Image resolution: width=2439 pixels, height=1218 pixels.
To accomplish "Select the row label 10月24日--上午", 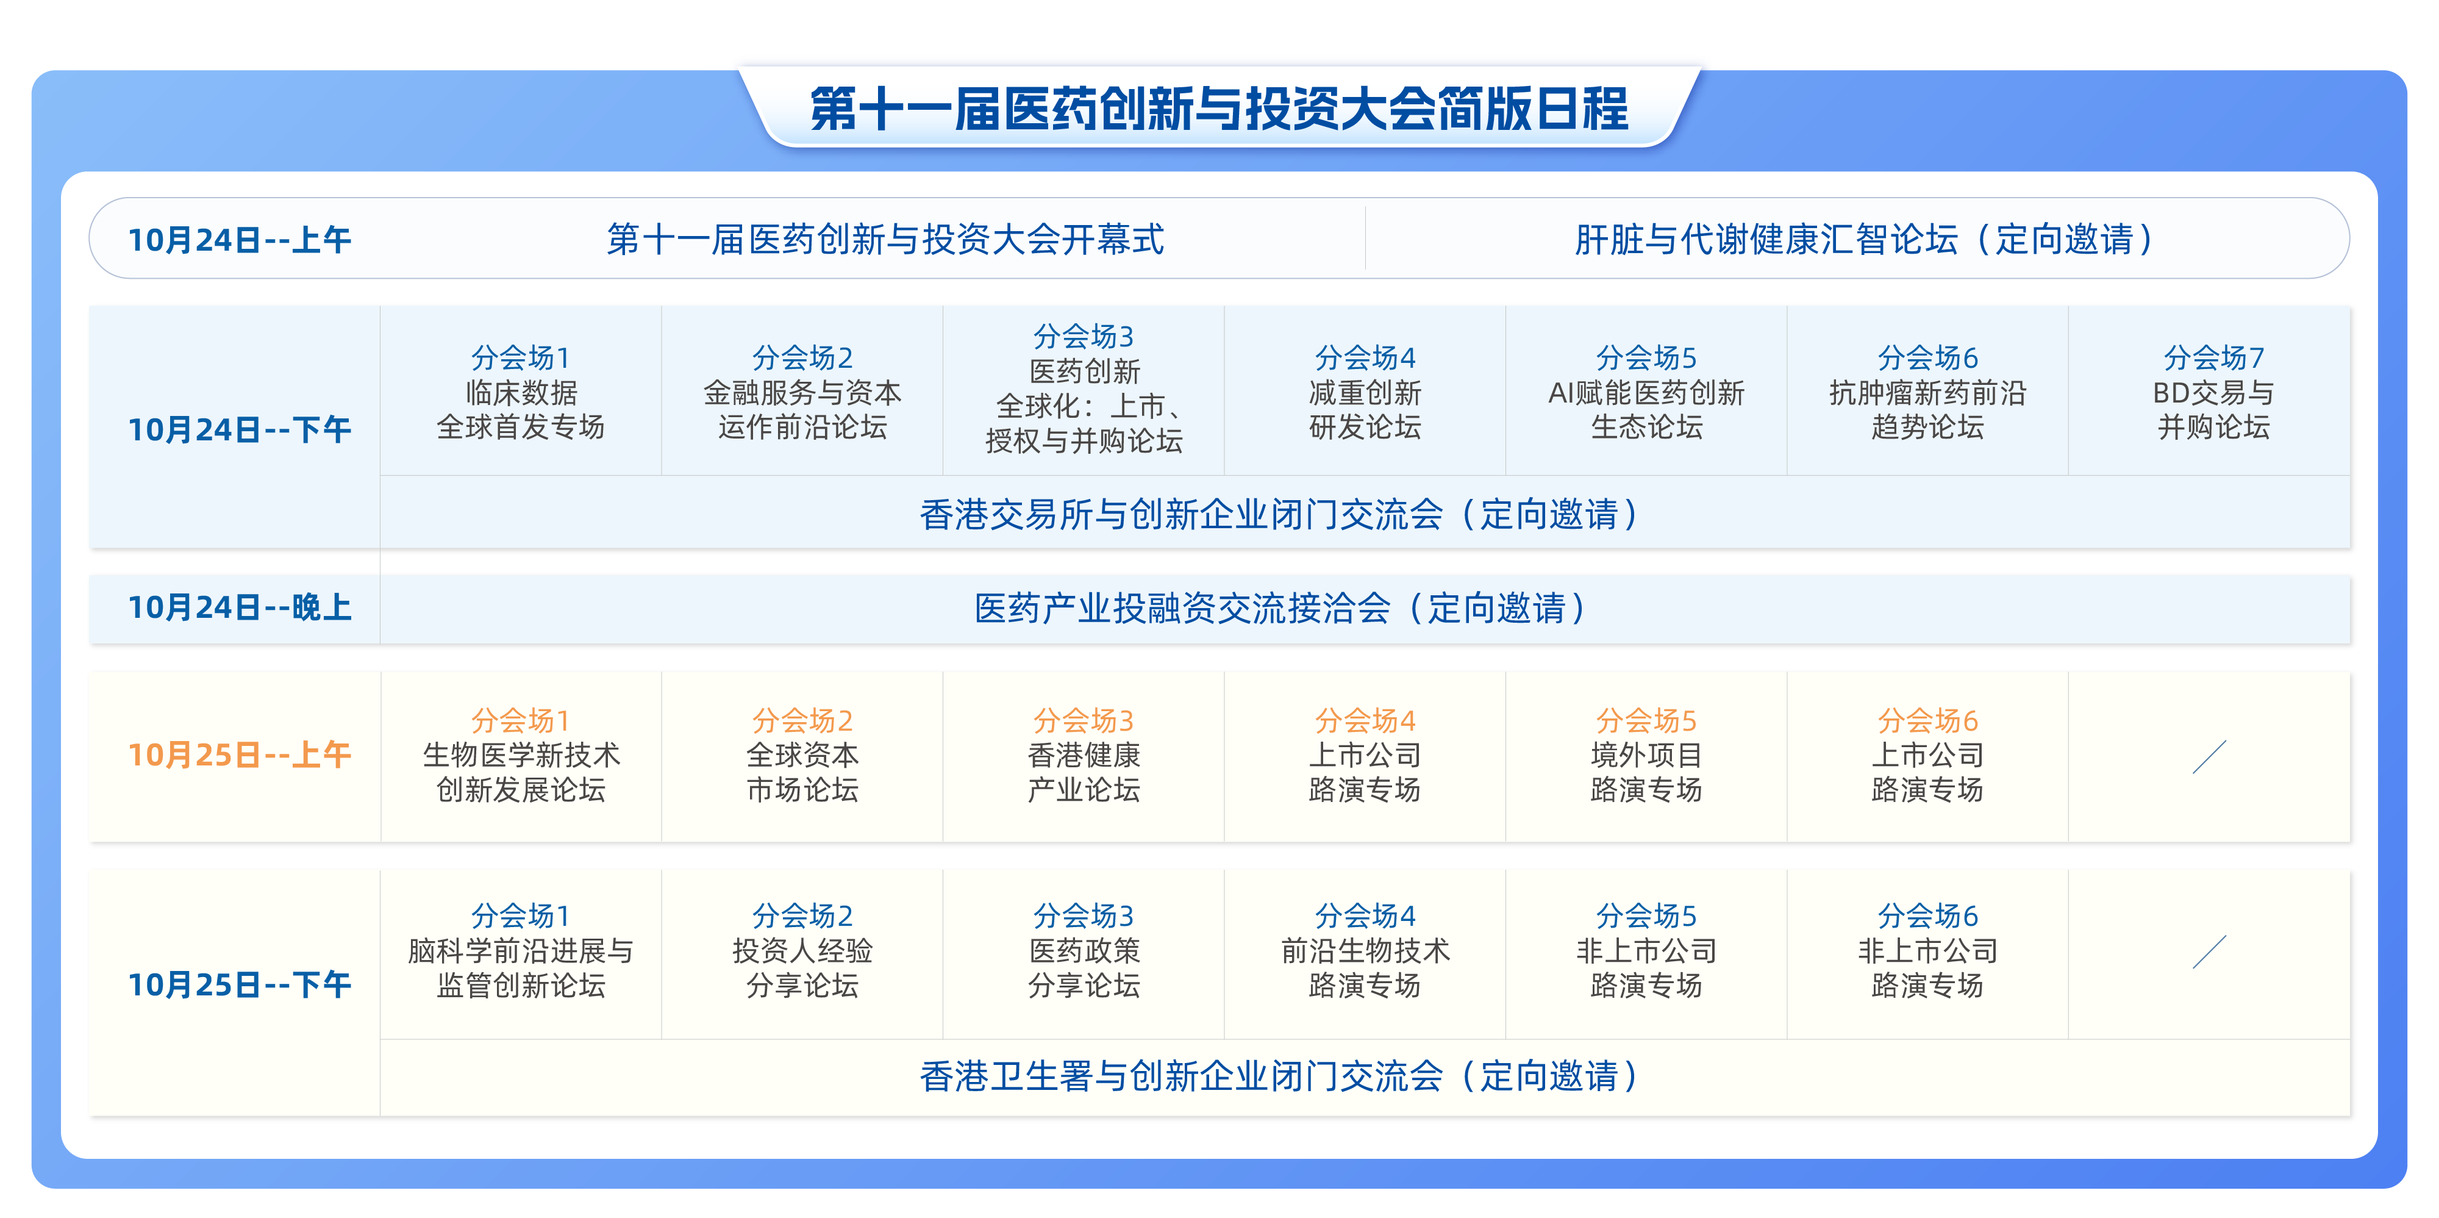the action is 240,240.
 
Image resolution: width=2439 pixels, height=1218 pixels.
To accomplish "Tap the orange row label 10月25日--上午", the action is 240,755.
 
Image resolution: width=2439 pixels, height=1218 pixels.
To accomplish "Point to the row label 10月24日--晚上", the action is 240,607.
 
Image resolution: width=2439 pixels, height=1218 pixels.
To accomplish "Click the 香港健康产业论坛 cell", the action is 1084,755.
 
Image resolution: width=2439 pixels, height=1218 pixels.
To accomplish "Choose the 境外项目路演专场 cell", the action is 1646,755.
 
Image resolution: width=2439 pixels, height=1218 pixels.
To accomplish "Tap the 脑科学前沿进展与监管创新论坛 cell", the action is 521,951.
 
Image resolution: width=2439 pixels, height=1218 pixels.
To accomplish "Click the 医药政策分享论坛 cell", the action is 1084,951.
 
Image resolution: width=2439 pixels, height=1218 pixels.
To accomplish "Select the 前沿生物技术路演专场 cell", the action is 1365,951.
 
